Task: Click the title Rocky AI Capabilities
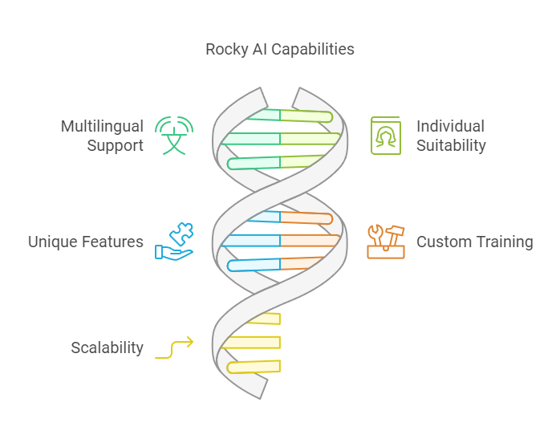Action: (280, 49)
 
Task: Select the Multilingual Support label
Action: (102, 136)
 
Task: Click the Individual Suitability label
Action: (451, 136)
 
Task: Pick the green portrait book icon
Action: (386, 136)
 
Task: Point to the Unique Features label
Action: (86, 242)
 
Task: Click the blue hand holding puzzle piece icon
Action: (174, 242)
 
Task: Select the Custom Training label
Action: (475, 242)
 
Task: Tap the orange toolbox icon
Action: (386, 242)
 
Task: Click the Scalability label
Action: (108, 348)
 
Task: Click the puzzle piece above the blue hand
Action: (182, 234)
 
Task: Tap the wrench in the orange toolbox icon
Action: (375, 234)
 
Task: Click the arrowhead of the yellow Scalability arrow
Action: (189, 342)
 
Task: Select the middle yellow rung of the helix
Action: (251, 343)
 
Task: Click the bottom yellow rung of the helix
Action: (254, 367)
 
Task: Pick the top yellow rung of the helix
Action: (264, 319)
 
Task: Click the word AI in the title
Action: (260, 49)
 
